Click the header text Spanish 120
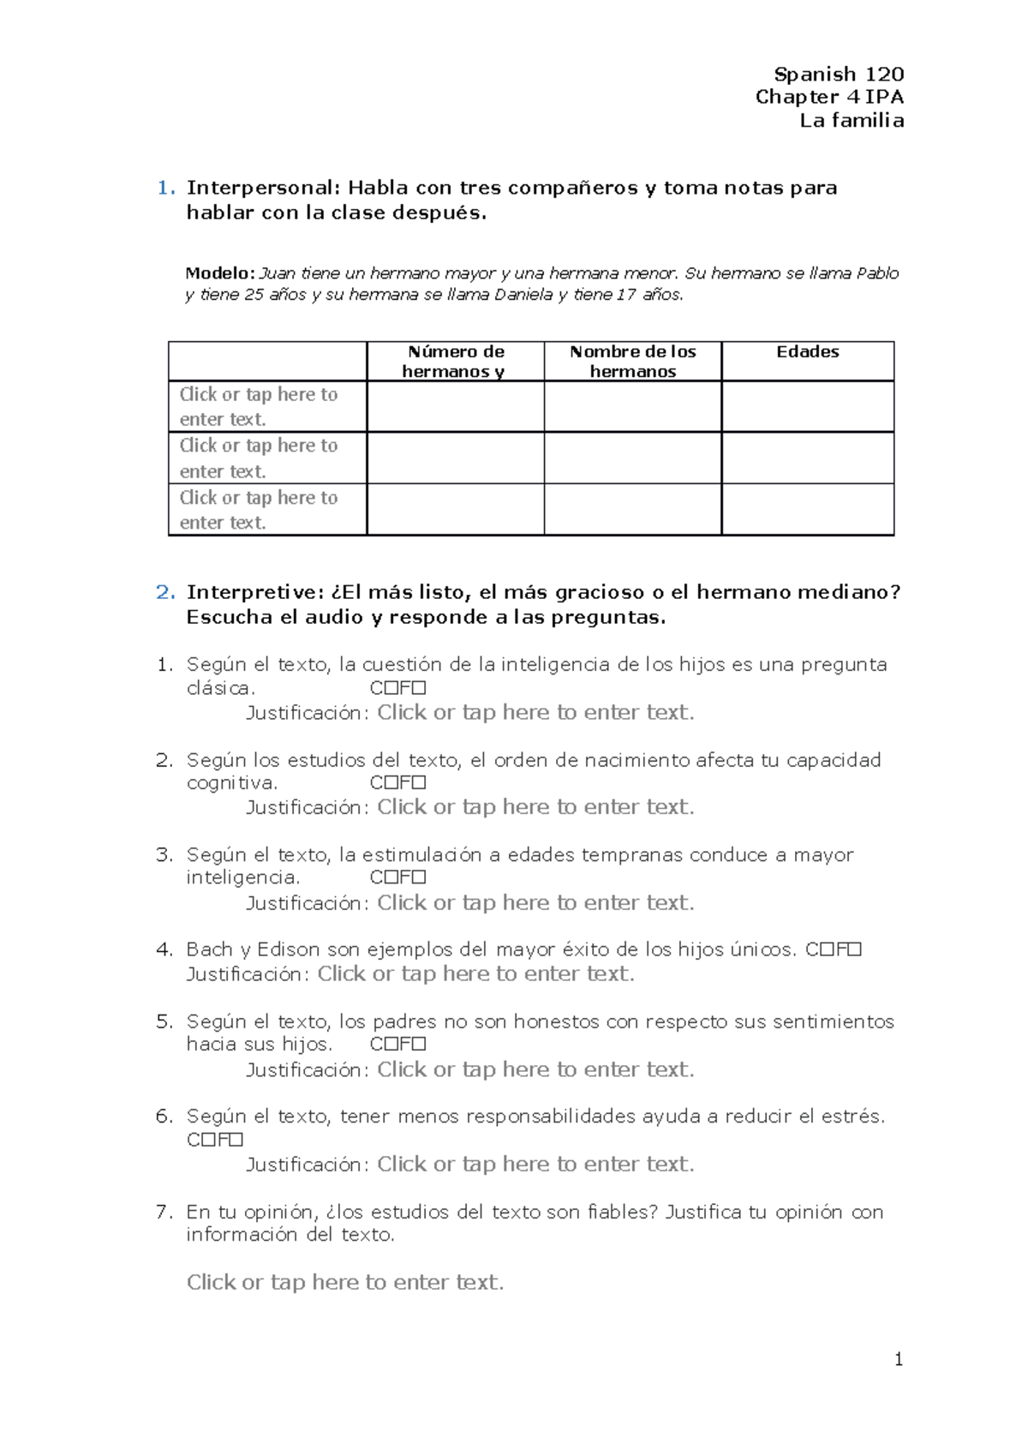click(x=838, y=75)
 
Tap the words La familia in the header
click(x=851, y=121)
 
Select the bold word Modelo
click(x=219, y=273)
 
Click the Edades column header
click(x=807, y=352)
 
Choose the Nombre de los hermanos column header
click(x=632, y=362)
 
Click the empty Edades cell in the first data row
click(x=807, y=406)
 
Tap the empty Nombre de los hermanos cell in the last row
click(x=632, y=510)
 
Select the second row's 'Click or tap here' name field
click(x=259, y=458)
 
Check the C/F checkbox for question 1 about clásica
click(x=387, y=688)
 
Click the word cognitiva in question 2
click(x=231, y=782)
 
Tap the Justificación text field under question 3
click(x=535, y=902)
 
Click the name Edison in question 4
click(x=288, y=949)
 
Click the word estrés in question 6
click(x=852, y=1117)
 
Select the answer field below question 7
click(x=345, y=1282)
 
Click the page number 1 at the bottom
click(x=898, y=1359)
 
